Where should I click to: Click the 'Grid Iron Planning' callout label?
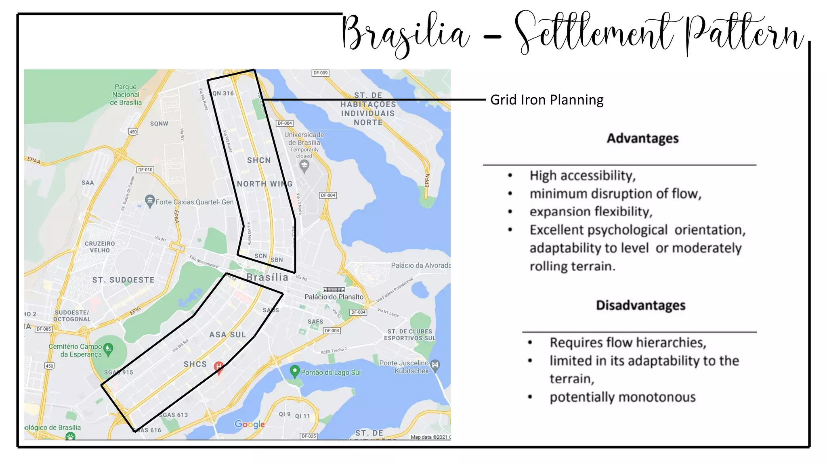tap(546, 100)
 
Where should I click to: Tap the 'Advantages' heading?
tap(642, 138)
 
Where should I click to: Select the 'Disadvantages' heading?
tap(640, 305)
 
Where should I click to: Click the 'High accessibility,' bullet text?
tap(582, 176)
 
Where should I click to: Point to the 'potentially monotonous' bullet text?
tap(622, 397)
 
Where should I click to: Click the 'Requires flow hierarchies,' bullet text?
tap(628, 343)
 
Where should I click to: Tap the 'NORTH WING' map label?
tap(264, 184)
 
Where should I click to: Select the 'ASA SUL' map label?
tap(227, 335)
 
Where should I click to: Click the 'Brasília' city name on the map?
tap(267, 277)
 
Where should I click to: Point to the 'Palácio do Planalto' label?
tap(334, 297)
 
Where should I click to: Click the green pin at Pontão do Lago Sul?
tap(295, 371)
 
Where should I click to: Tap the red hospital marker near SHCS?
tap(218, 367)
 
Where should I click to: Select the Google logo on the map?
tap(250, 424)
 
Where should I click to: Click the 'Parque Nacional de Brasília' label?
tap(126, 94)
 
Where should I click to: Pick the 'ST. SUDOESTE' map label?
tap(123, 280)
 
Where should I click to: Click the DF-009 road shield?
tap(321, 73)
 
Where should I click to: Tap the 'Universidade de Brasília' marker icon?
tap(304, 165)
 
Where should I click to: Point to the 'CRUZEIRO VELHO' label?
tap(100, 247)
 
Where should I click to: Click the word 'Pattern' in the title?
tap(745, 34)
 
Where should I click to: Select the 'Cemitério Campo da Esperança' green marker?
tap(108, 349)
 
